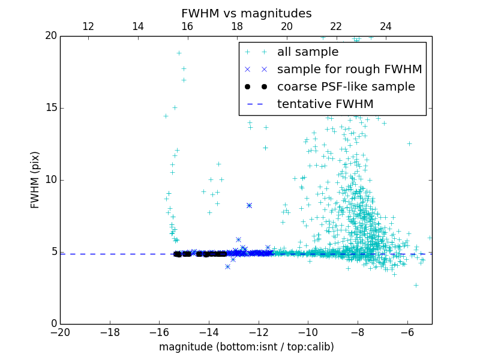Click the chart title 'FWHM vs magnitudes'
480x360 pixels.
coord(246,13)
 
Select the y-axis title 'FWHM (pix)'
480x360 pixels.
coord(35,179)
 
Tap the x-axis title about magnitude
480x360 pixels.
coord(246,347)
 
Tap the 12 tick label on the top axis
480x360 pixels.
coord(88,26)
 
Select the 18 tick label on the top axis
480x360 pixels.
coord(237,26)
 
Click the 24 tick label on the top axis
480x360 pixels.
coord(386,26)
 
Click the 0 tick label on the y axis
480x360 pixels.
coord(53,324)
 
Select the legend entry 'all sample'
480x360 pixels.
coord(308,52)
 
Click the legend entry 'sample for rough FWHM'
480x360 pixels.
coord(349,70)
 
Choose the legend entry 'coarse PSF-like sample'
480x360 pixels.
coord(346,87)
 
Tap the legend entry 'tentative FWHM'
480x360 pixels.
coord(325,104)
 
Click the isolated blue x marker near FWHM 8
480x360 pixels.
coord(249,205)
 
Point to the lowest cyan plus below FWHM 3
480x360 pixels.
coord(416,285)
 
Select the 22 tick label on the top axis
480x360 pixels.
coord(336,26)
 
